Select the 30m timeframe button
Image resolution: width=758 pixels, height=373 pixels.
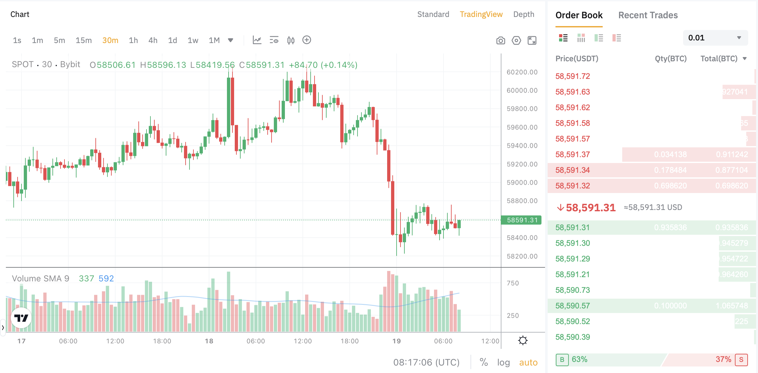[x=110, y=40]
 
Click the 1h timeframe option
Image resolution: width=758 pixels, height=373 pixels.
[x=133, y=40]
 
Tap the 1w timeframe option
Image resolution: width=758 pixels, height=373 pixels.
[x=193, y=40]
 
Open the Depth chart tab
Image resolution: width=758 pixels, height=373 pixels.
[x=524, y=14]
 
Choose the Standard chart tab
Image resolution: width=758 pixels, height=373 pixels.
[x=433, y=14]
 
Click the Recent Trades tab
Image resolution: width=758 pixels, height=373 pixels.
[x=648, y=15]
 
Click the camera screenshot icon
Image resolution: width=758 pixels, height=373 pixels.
[x=500, y=40]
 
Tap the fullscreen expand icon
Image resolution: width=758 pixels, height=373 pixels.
[x=532, y=40]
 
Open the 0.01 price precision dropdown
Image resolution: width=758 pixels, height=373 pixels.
[x=715, y=38]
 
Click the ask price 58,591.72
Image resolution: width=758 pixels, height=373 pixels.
[x=572, y=76]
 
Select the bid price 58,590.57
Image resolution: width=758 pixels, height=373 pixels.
[x=572, y=306]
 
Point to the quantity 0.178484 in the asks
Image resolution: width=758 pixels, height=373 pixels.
[x=670, y=170]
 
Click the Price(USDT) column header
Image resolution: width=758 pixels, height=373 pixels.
[x=577, y=59]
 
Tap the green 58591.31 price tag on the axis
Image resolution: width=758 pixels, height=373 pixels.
[x=521, y=220]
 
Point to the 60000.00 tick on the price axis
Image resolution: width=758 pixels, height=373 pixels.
[x=522, y=90]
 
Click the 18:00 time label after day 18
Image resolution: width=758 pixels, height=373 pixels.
[x=349, y=341]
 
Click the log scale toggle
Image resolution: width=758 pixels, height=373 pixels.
[x=503, y=362]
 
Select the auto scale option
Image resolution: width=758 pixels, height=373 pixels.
[x=528, y=362]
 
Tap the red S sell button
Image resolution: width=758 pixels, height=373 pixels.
[x=741, y=360]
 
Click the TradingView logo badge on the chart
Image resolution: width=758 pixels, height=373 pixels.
[x=21, y=318]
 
